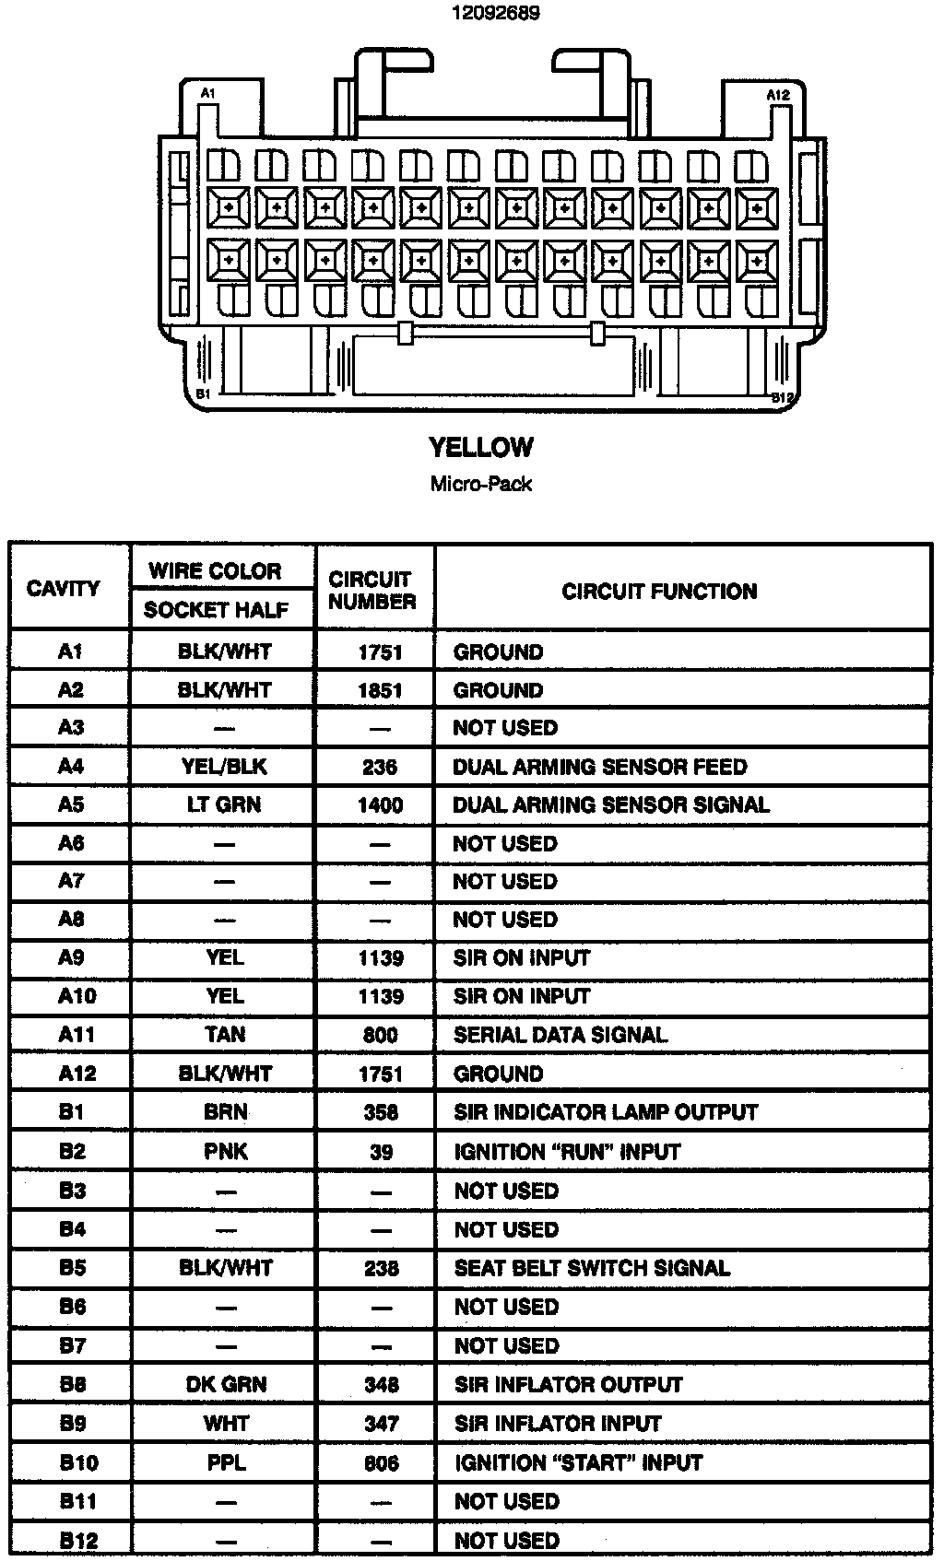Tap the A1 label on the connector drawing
click(208, 93)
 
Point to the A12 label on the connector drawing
click(777, 95)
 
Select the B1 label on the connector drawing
click(205, 393)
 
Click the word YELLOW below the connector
click(480, 448)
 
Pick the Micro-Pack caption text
click(480, 484)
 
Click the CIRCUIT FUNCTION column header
click(659, 592)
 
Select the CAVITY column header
click(64, 589)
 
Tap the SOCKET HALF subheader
click(216, 610)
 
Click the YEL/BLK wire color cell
click(224, 767)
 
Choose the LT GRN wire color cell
click(224, 804)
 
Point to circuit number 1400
click(380, 805)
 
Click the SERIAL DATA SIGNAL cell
click(560, 1035)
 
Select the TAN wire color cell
click(225, 1035)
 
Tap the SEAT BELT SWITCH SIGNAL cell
click(592, 1268)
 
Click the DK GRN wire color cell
click(226, 1384)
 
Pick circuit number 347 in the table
click(381, 1424)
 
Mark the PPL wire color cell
click(226, 1462)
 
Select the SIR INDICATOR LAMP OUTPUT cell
click(606, 1112)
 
